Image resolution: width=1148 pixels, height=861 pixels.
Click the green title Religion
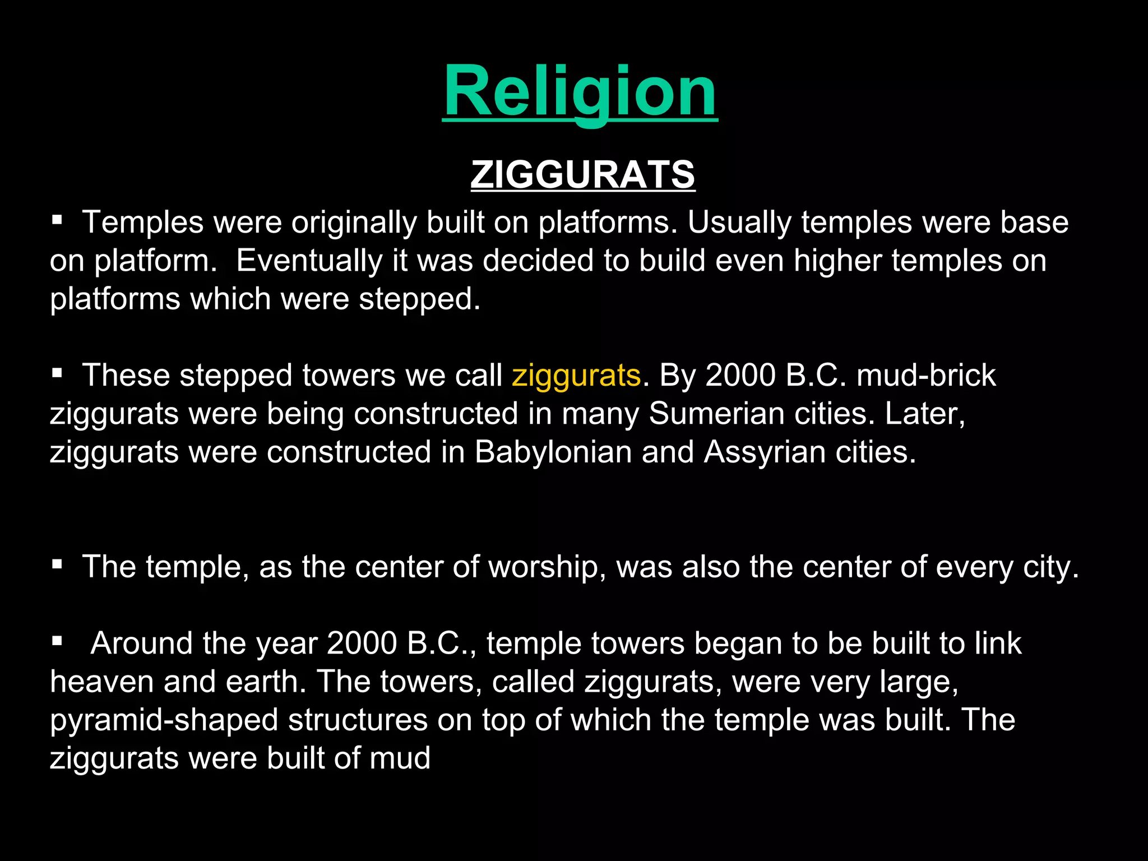580,91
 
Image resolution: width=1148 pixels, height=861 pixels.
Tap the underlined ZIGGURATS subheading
582,174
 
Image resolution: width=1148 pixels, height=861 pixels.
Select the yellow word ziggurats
576,375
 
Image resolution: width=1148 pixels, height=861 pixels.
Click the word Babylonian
553,452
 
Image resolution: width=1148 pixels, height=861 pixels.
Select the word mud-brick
926,375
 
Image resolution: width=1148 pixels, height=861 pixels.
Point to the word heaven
101,682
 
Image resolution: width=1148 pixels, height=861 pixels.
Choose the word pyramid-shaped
164,720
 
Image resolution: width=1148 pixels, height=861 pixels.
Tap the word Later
924,414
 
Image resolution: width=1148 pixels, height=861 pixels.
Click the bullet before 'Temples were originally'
57,219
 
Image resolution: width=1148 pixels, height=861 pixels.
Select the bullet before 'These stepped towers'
57,372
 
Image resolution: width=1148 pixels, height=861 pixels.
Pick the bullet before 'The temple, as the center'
57,563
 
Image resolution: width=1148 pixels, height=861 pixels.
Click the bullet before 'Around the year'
57,640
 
